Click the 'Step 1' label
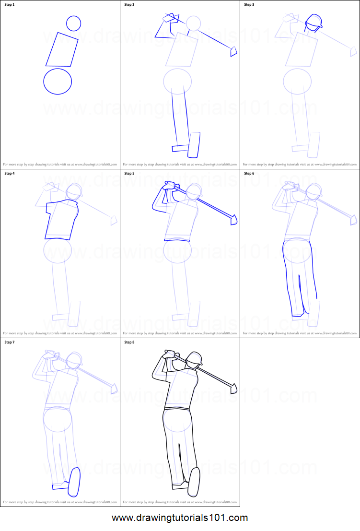(x=10, y=5)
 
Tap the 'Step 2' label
(x=129, y=5)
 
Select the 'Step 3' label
(x=249, y=5)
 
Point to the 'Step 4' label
(x=10, y=173)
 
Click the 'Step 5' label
(x=129, y=173)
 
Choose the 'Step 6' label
(x=249, y=173)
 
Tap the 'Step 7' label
(x=10, y=342)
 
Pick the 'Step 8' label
(x=129, y=342)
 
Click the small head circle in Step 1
(x=73, y=23)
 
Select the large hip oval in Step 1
(x=58, y=81)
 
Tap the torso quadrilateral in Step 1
(x=62, y=49)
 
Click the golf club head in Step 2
(x=233, y=51)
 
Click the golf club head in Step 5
(x=234, y=219)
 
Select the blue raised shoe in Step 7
(x=74, y=482)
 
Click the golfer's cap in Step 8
(x=195, y=358)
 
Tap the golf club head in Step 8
(x=233, y=388)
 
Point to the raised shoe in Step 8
(x=194, y=482)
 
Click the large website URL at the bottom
(x=180, y=518)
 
